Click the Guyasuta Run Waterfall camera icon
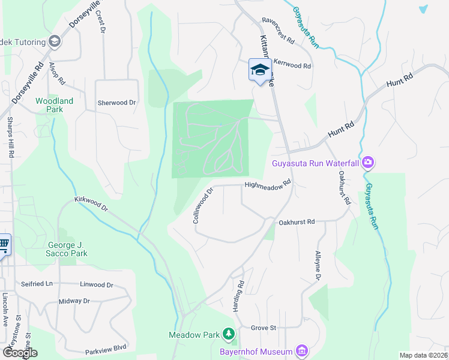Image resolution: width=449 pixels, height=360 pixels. tap(368, 163)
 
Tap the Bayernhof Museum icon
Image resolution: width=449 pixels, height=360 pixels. tap(302, 351)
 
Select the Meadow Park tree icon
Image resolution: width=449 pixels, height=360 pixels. tap(228, 334)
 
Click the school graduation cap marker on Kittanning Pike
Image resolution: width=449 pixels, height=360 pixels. tap(259, 70)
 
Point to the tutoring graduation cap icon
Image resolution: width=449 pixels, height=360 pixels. tap(55, 41)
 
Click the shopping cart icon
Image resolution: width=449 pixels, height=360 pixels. tap(4, 244)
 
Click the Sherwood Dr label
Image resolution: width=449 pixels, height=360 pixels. tap(116, 103)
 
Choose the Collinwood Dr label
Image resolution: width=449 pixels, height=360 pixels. tap(203, 206)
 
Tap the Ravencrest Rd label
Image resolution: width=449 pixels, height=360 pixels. tap(278, 32)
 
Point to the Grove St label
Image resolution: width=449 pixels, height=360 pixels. tap(263, 328)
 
